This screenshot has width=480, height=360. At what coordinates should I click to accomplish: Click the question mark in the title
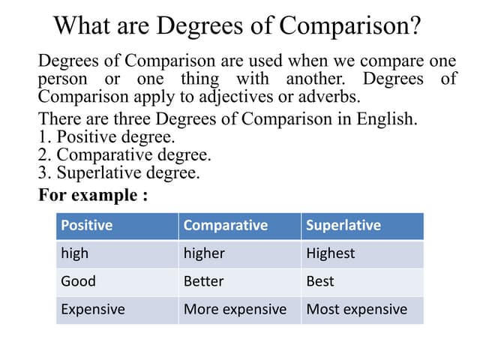coord(413,26)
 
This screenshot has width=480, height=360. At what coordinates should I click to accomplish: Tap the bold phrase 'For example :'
coord(92,195)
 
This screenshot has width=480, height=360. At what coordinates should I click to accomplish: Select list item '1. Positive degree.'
coord(106,137)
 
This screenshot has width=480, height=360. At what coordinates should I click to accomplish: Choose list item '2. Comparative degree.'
coord(124,155)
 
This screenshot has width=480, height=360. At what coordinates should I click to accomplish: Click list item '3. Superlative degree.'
coord(119,173)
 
